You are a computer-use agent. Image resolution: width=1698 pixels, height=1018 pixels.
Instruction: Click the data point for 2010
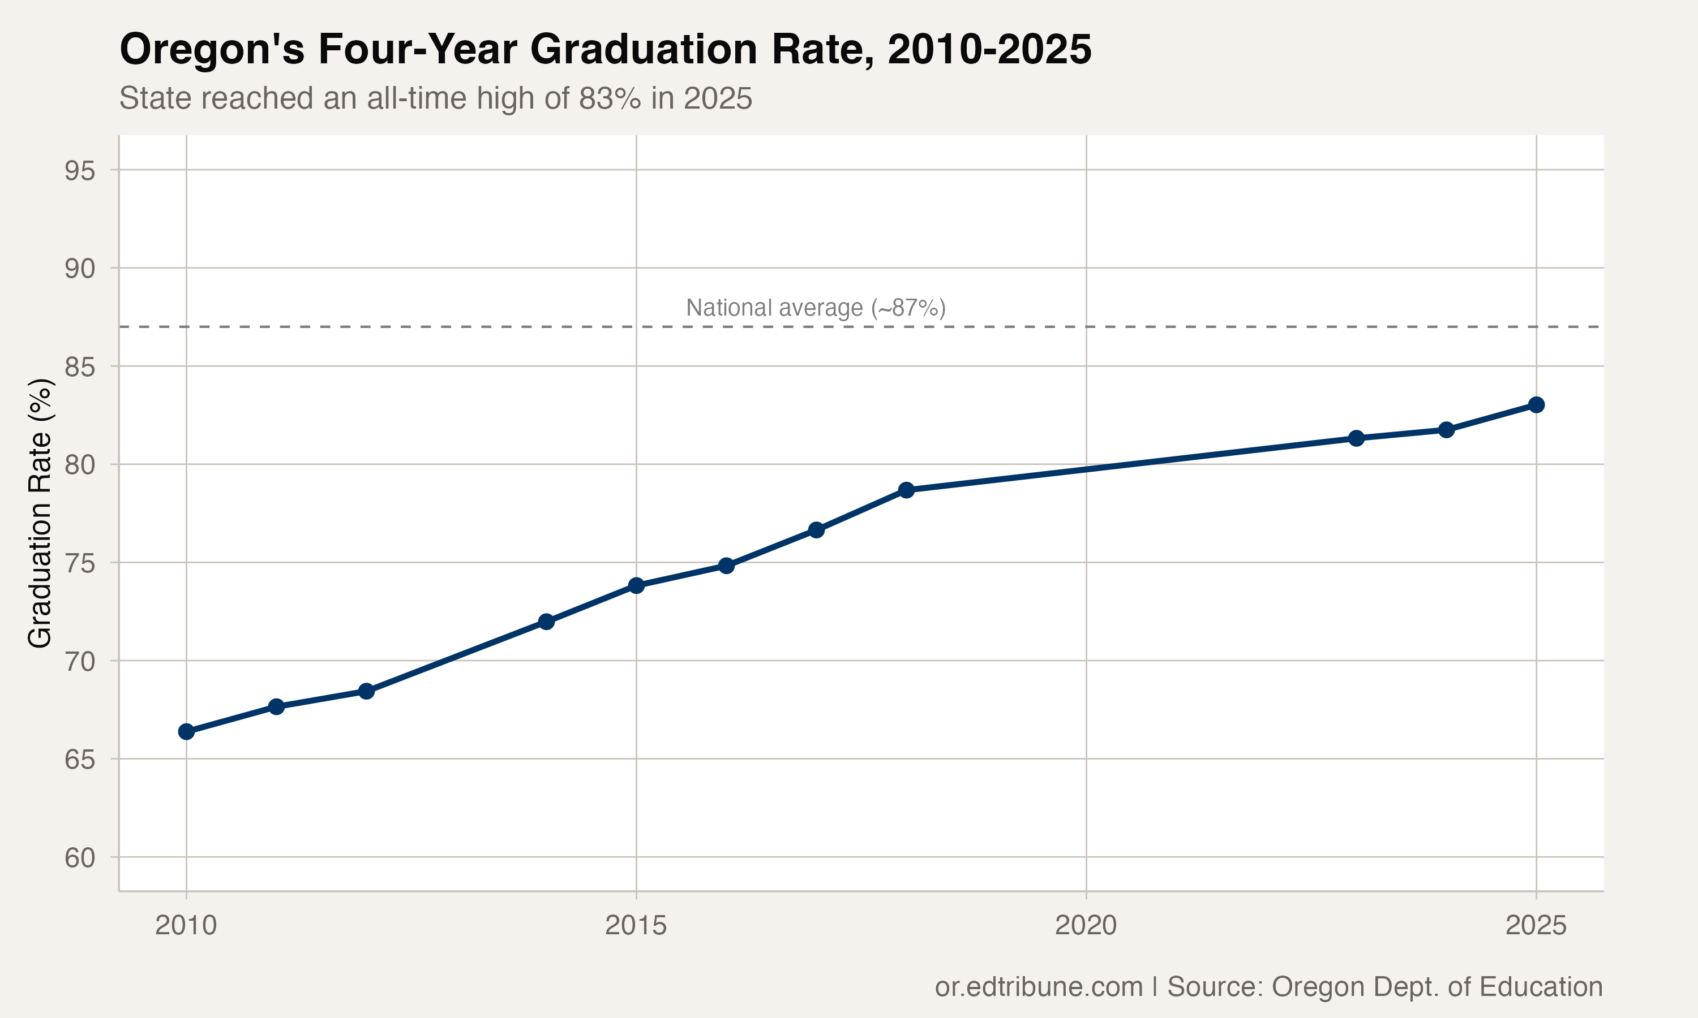[x=186, y=732]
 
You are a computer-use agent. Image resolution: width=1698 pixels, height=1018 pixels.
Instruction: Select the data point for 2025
[x=1536, y=405]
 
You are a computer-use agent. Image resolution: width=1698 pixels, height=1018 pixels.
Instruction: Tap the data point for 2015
[x=636, y=585]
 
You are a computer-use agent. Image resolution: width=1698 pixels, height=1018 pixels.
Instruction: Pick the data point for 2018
[x=906, y=490]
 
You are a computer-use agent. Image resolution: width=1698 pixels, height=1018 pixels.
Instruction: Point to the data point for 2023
[x=1356, y=438]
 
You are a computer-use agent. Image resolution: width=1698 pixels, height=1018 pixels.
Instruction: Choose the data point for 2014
[x=546, y=622]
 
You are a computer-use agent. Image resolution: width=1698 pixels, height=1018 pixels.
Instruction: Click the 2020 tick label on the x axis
[x=1086, y=926]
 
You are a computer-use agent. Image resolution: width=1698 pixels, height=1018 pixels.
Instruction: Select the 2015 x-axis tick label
[x=636, y=926]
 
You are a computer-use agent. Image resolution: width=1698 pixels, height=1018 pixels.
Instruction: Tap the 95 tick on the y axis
[x=80, y=171]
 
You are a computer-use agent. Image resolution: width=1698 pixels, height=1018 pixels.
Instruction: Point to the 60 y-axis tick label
[x=80, y=858]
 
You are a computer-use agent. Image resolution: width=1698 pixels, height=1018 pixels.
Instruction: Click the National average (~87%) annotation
[x=816, y=308]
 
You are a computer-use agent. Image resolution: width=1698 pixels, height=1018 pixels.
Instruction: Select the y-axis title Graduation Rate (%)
[x=40, y=512]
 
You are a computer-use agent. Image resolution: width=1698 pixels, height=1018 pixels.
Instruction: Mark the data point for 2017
[x=816, y=529]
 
